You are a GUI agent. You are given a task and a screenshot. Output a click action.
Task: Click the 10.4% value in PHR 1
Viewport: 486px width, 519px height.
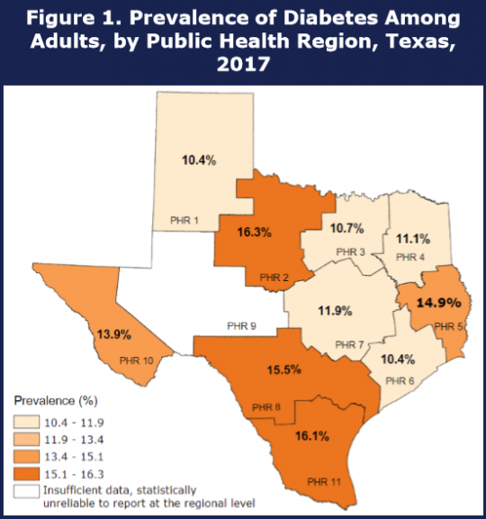pyautogui.click(x=199, y=159)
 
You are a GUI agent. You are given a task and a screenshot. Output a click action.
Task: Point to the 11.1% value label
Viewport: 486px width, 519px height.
pyautogui.click(x=412, y=239)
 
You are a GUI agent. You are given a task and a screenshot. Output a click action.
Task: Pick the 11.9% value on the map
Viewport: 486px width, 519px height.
pyautogui.click(x=334, y=313)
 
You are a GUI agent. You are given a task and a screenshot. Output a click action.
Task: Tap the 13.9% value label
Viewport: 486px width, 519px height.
pyautogui.click(x=113, y=334)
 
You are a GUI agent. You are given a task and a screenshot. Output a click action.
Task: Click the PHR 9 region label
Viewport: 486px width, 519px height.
pyautogui.click(x=242, y=326)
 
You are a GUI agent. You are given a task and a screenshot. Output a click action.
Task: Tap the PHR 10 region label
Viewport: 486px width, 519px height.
pyautogui.click(x=135, y=361)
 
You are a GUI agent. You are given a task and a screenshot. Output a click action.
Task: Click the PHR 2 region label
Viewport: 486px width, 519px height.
pyautogui.click(x=274, y=277)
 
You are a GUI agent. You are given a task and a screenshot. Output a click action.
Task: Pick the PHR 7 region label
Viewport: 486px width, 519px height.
pyautogui.click(x=350, y=345)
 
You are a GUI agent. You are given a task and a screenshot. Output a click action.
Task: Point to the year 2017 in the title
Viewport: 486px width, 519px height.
pyautogui.click(x=243, y=64)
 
